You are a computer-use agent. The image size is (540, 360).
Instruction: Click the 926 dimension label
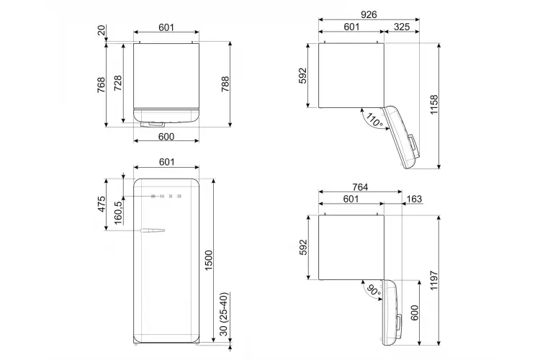(369, 14)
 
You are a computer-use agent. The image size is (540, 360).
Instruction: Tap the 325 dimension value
(402, 27)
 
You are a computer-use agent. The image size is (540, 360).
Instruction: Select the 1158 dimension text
(434, 104)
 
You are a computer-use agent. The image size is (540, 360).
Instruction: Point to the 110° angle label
(374, 120)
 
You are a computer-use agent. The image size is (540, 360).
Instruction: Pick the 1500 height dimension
(209, 261)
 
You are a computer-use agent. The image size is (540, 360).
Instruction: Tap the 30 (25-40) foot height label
(224, 314)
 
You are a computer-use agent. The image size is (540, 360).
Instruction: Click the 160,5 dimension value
(118, 213)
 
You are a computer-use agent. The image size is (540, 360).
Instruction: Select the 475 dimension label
(102, 204)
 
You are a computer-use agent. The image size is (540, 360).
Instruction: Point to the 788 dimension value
(225, 84)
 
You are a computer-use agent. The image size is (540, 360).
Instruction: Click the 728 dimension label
(118, 84)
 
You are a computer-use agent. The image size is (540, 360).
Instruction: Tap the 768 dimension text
(102, 85)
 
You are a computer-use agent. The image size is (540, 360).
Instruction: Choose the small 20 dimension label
(102, 30)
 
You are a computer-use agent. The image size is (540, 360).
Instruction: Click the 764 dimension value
(360, 187)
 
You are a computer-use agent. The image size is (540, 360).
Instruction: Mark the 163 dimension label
(414, 199)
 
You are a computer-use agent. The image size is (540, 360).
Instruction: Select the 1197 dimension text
(434, 280)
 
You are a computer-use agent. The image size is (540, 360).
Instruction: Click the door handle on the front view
(152, 230)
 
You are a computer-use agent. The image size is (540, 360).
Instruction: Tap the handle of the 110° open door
(413, 146)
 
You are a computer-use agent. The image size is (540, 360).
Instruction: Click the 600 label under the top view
(166, 137)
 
